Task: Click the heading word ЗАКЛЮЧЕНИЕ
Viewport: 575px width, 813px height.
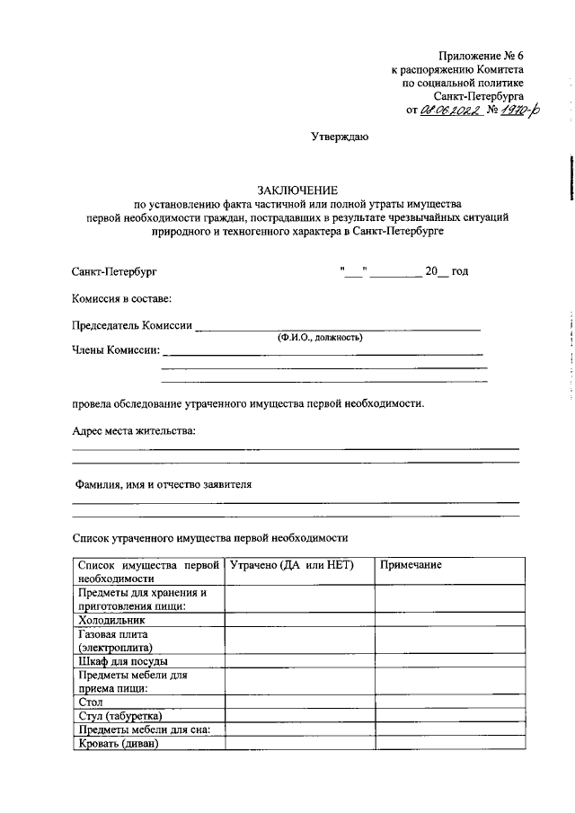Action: coord(297,190)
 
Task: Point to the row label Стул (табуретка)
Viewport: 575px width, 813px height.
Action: coord(120,715)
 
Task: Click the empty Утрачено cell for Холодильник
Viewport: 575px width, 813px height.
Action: coord(299,620)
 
